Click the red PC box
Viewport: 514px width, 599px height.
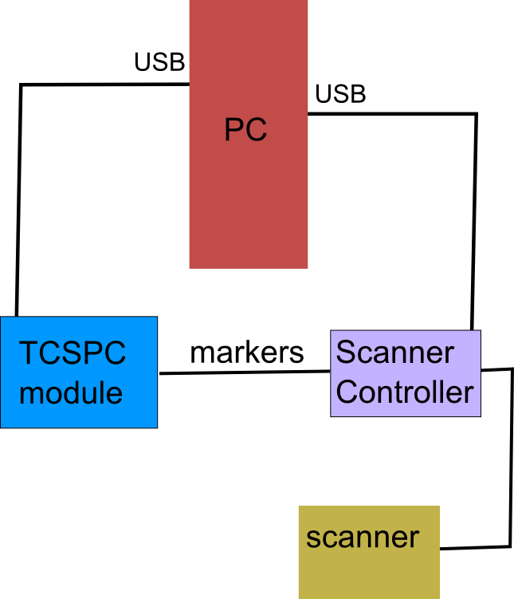click(248, 199)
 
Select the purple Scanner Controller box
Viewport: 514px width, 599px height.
click(406, 373)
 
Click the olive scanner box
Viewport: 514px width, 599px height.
click(369, 570)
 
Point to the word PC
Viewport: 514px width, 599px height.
click(245, 130)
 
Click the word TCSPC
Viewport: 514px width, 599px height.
click(73, 353)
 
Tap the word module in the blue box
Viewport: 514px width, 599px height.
click(71, 392)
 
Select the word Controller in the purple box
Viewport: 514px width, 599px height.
click(406, 392)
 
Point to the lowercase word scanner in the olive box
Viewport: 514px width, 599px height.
click(363, 537)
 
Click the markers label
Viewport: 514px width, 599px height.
click(247, 352)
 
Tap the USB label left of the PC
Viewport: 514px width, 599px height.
click(159, 62)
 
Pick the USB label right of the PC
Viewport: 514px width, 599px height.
click(340, 94)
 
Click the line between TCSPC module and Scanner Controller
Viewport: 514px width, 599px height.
click(244, 372)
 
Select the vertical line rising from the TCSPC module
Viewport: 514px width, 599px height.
click(18, 199)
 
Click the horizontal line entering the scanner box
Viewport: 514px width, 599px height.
click(475, 547)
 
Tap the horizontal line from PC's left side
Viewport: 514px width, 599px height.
click(104, 83)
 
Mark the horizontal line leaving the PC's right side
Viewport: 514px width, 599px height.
click(390, 114)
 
